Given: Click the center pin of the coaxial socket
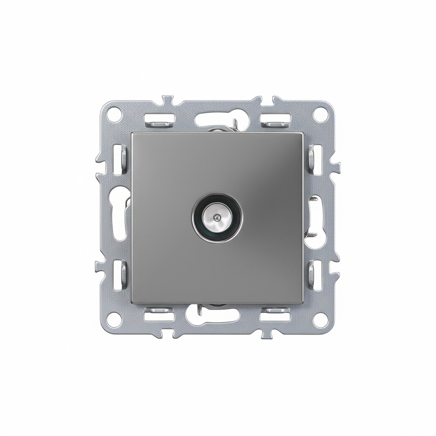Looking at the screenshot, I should coord(217,217).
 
